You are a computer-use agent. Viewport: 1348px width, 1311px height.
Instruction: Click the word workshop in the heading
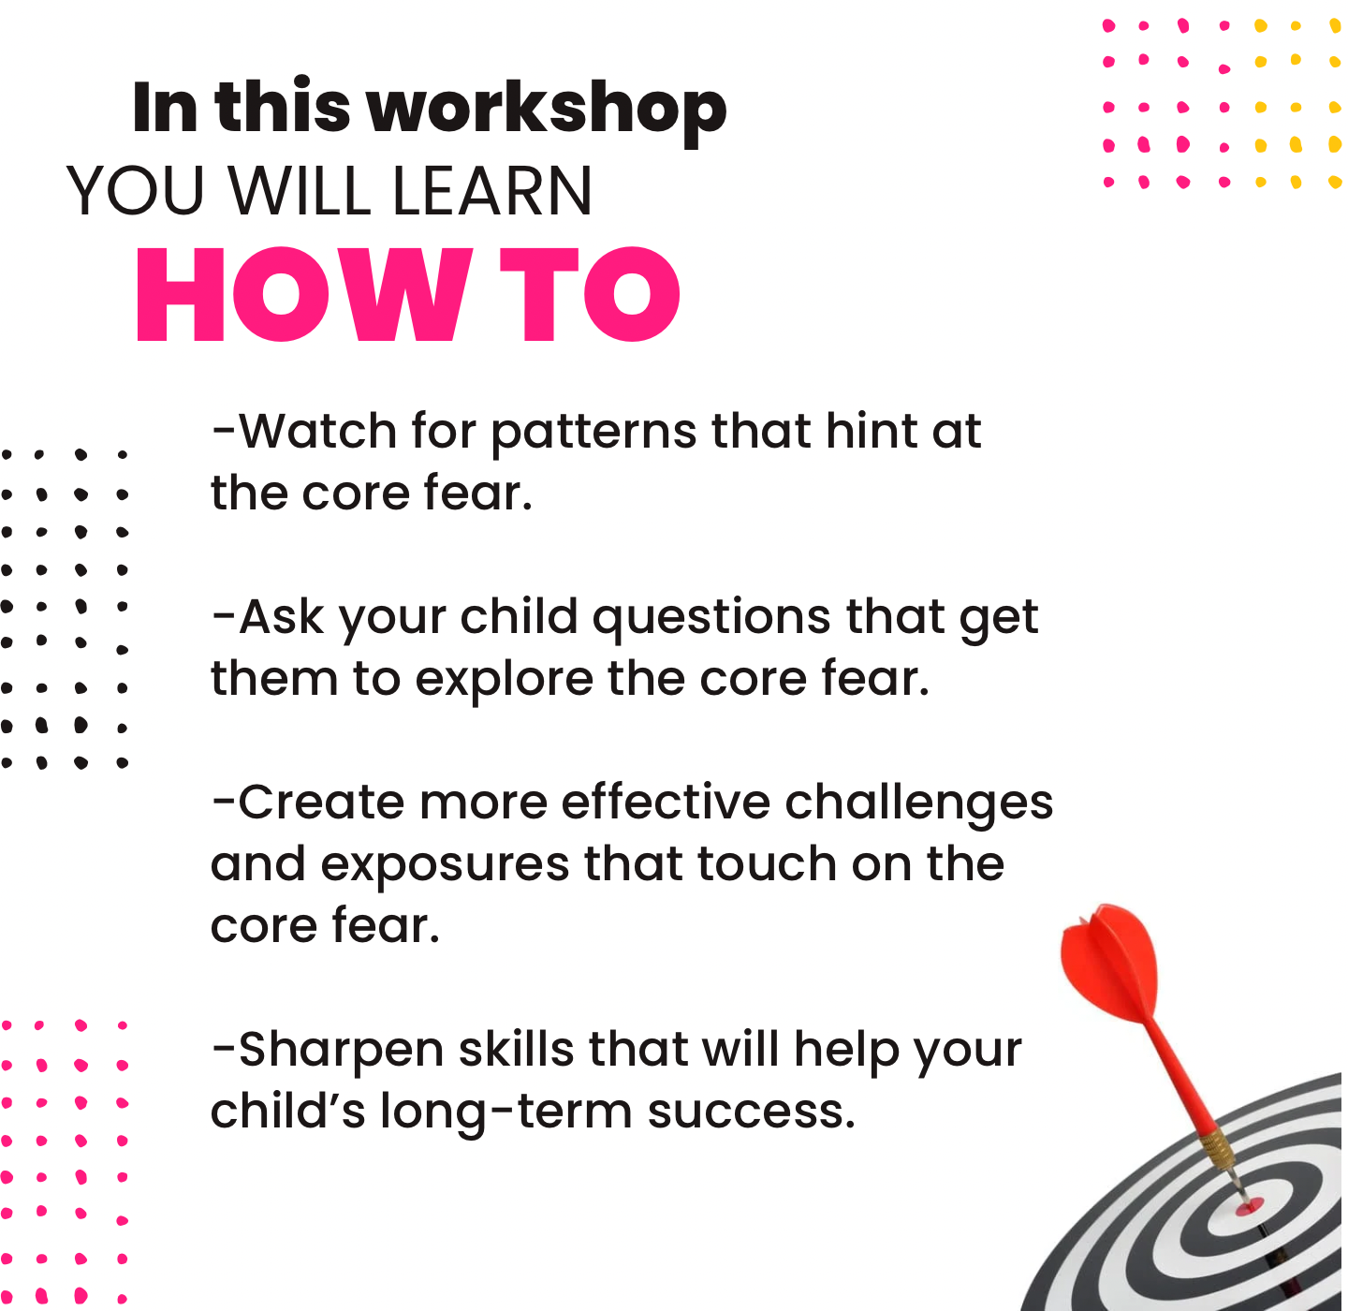click(548, 110)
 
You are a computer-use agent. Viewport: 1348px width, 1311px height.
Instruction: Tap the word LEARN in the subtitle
click(491, 190)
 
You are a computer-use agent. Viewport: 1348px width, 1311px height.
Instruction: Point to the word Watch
click(316, 431)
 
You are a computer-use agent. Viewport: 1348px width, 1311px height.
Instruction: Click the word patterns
click(593, 434)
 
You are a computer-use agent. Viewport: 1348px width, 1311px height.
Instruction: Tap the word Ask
click(281, 617)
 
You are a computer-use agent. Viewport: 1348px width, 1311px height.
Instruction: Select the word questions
click(711, 620)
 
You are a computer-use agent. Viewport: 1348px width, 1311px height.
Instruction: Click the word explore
click(505, 680)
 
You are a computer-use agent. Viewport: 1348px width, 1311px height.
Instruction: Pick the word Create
click(321, 803)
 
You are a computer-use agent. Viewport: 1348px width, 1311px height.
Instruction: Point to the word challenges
click(918, 804)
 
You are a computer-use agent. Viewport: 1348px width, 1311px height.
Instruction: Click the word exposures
click(445, 866)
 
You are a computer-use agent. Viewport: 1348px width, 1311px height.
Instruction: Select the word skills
click(517, 1049)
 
